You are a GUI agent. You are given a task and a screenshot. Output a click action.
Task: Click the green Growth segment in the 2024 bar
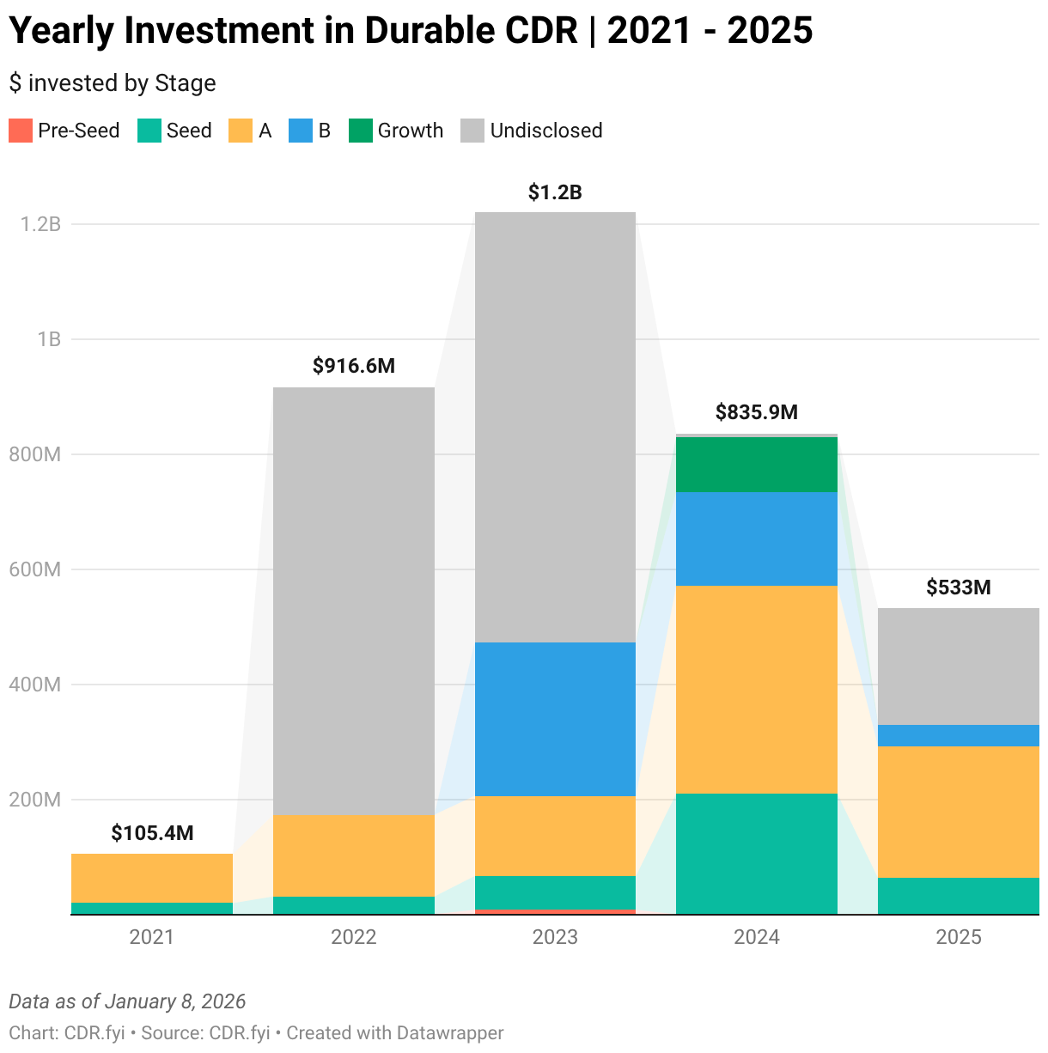756,465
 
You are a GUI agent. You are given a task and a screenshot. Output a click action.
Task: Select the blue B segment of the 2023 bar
555,719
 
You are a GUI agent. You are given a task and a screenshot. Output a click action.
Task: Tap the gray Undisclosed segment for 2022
353,601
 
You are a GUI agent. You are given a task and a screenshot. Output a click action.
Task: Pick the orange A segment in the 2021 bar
152,878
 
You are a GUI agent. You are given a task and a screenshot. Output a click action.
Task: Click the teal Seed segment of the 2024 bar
756,853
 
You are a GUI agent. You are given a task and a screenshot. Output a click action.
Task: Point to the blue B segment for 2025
958,735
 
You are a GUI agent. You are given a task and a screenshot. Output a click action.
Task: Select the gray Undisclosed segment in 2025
958,666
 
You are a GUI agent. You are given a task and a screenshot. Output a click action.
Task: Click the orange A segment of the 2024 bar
756,689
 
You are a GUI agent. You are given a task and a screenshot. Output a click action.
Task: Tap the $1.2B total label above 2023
555,192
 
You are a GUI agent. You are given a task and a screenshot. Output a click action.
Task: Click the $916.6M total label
353,367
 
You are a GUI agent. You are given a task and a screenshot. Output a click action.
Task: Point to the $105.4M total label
152,833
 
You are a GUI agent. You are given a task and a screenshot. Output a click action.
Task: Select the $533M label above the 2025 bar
958,587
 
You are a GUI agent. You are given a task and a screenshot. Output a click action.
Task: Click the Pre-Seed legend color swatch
21,131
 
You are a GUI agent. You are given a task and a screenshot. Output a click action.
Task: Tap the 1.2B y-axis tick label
40,224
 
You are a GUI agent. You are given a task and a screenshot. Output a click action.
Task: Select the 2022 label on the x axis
353,937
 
